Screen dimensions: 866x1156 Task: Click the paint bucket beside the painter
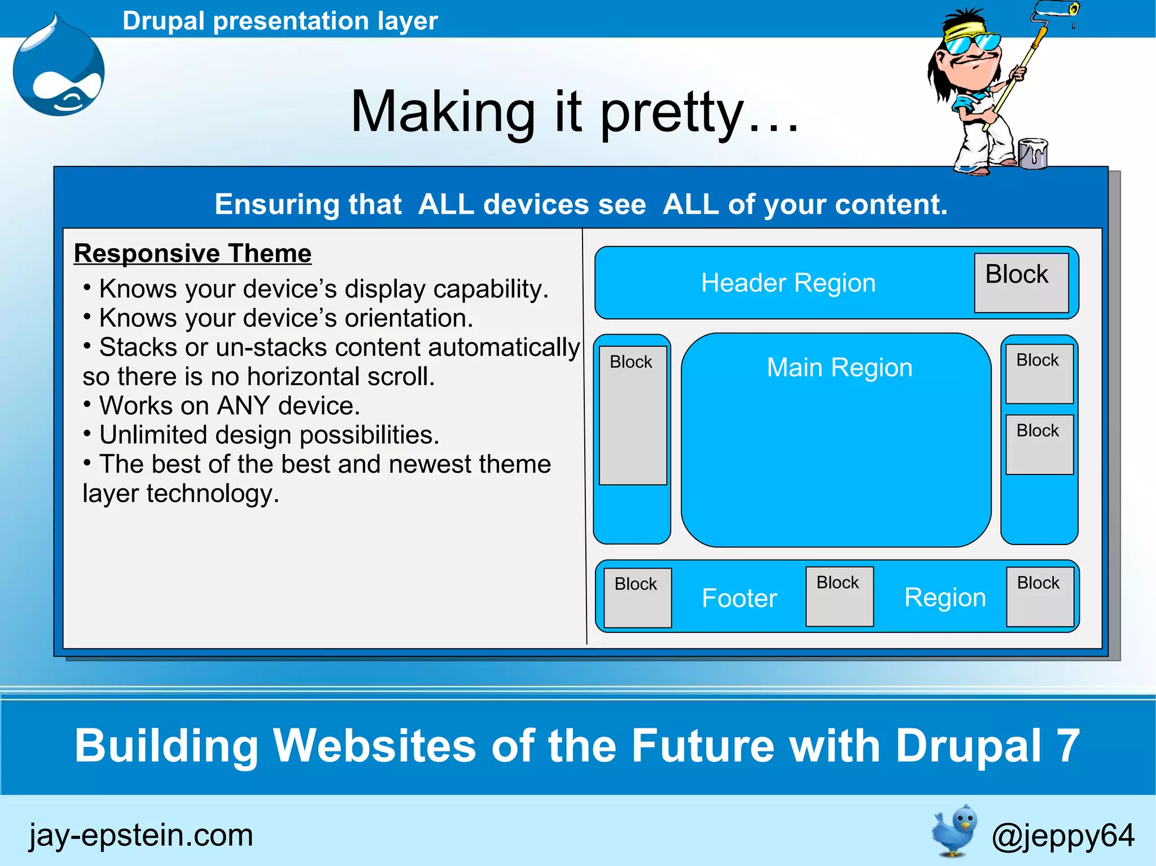tap(1033, 153)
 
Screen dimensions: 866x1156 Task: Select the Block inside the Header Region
tap(1021, 283)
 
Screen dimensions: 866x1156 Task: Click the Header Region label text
tap(788, 283)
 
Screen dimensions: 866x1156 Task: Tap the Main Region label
tap(839, 368)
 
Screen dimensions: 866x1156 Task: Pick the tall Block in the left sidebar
tap(632, 415)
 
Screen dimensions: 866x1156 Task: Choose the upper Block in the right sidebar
tap(1039, 373)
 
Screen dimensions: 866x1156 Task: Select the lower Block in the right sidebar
tap(1039, 445)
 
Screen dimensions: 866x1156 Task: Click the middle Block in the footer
tap(839, 596)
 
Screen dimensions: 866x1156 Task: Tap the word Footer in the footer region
tap(739, 598)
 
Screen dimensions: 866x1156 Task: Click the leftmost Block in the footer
tap(637, 597)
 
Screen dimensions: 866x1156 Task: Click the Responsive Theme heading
tap(192, 253)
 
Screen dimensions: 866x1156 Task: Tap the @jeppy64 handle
tap(1062, 836)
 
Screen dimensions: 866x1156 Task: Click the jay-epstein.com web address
tap(141, 835)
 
